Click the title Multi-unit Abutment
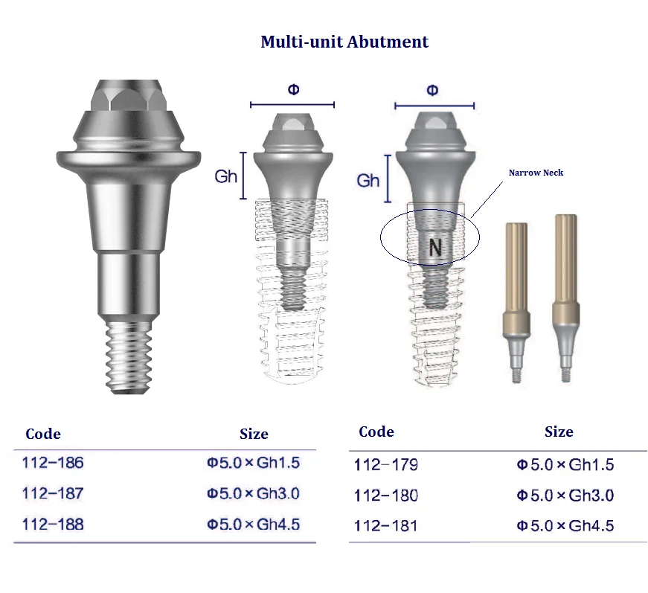tap(344, 42)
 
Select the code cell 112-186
tap(53, 463)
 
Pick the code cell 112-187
tap(53, 493)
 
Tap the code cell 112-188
tap(53, 525)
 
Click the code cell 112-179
tap(385, 465)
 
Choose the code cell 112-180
tap(385, 496)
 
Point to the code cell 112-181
tap(385, 526)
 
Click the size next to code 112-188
tap(254, 525)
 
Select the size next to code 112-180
tap(565, 496)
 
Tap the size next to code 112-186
tap(254, 463)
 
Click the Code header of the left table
tap(43, 434)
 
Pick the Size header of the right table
tap(559, 432)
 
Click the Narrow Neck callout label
tap(536, 173)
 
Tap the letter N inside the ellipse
tap(435, 248)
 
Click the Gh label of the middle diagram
tap(225, 176)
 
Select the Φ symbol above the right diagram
tap(432, 91)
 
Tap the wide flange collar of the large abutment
tap(129, 158)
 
